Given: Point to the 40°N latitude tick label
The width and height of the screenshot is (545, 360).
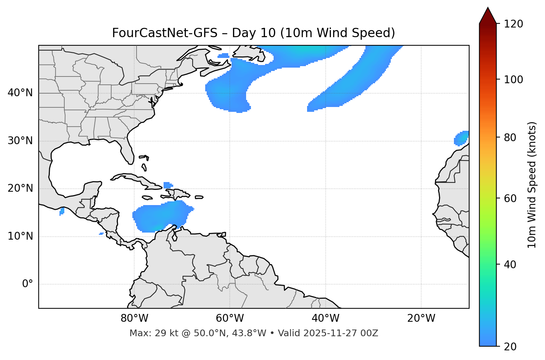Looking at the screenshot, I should coord(20,93).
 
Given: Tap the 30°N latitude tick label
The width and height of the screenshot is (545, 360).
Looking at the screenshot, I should coord(20,141).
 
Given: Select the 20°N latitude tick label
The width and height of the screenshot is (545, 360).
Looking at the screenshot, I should coord(20,188).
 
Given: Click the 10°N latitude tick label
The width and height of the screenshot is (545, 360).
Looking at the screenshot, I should coord(20,236).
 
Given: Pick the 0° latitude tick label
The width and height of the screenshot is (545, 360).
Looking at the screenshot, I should coord(28,284).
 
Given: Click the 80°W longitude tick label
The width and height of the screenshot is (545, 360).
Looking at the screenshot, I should coord(134,318).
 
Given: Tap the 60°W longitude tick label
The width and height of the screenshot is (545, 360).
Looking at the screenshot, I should coord(230,318).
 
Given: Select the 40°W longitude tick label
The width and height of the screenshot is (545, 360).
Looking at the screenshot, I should coord(325,318).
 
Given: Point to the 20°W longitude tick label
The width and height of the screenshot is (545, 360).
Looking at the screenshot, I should coord(421,318).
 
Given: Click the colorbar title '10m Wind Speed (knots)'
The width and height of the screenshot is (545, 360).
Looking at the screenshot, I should coord(532,185).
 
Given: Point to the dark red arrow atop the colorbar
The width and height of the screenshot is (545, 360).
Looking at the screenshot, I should coord(488,16).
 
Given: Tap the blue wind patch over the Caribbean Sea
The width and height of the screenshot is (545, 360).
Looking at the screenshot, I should coord(162,216).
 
